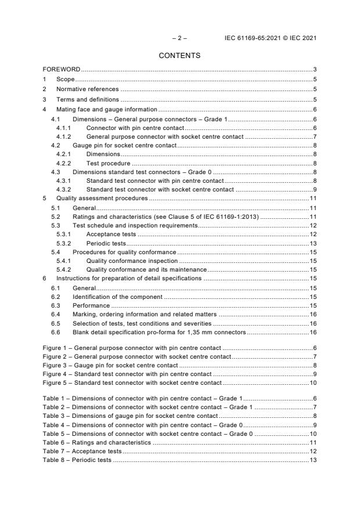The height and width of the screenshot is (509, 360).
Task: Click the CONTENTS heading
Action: click(179, 56)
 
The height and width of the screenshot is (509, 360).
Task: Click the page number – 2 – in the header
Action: click(179, 39)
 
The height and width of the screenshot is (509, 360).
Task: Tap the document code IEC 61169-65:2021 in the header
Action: click(253, 39)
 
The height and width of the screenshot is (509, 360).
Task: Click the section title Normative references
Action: click(87, 89)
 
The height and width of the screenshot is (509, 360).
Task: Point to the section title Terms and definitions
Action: click(87, 99)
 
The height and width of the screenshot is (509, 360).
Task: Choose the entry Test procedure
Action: click(109, 164)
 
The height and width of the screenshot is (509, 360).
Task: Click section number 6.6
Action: click(56, 332)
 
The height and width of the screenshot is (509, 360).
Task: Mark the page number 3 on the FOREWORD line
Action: click(314, 70)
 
